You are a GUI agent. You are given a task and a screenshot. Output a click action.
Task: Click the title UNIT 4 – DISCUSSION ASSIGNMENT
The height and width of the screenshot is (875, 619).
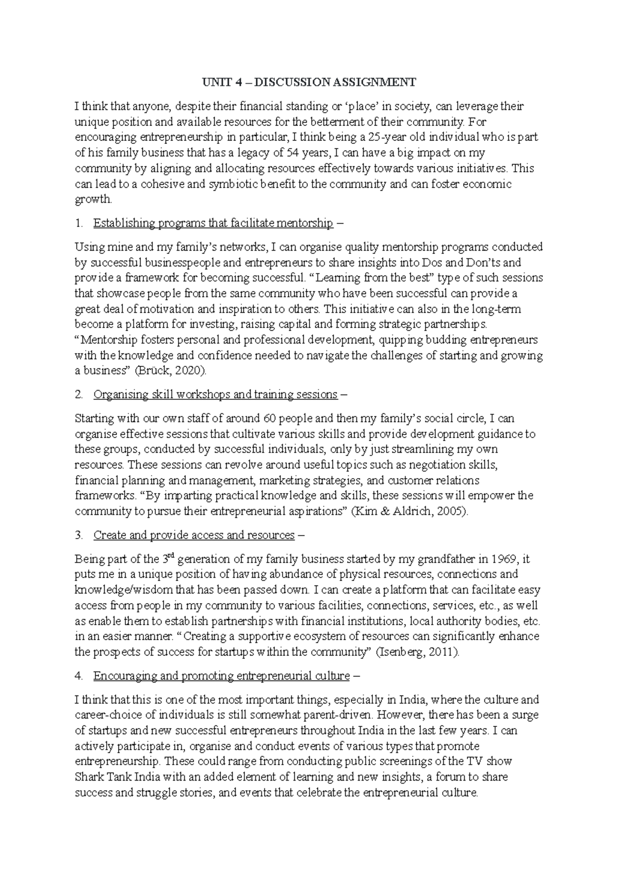click(x=309, y=82)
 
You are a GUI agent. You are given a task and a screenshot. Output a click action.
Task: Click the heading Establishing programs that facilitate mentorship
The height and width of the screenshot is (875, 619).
click(x=213, y=223)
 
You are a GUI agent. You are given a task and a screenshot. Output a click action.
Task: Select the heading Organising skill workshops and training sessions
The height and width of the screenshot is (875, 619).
click(x=215, y=395)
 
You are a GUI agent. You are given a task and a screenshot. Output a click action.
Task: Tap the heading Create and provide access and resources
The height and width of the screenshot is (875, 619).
click(x=194, y=535)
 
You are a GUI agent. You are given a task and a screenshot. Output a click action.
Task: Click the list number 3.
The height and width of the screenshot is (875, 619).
click(x=78, y=535)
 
